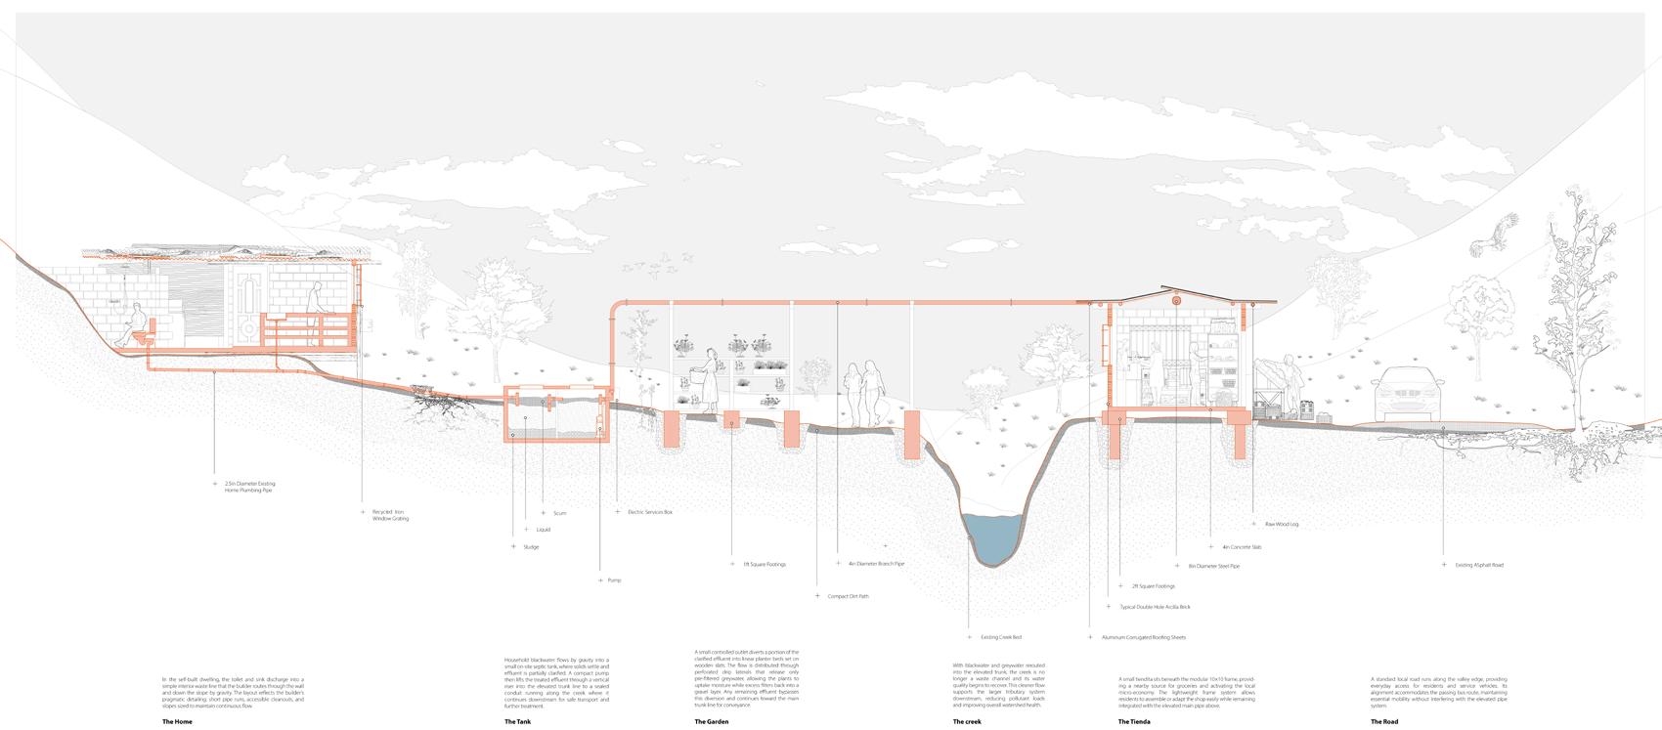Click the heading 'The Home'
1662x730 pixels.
(177, 722)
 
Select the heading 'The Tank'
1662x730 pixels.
(517, 722)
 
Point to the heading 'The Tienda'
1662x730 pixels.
(1134, 722)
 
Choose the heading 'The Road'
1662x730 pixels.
(1383, 722)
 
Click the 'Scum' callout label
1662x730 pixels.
(559, 513)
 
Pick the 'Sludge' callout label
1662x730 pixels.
(531, 547)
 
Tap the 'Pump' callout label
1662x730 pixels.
(614, 580)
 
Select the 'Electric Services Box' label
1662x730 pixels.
(650, 512)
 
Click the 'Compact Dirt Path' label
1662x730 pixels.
(848, 596)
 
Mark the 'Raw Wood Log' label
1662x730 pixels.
(1281, 525)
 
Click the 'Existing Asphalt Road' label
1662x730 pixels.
(1478, 565)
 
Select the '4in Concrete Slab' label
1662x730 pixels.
(1241, 547)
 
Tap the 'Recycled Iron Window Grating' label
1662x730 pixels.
(390, 515)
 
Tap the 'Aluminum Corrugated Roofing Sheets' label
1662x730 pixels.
(1143, 637)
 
